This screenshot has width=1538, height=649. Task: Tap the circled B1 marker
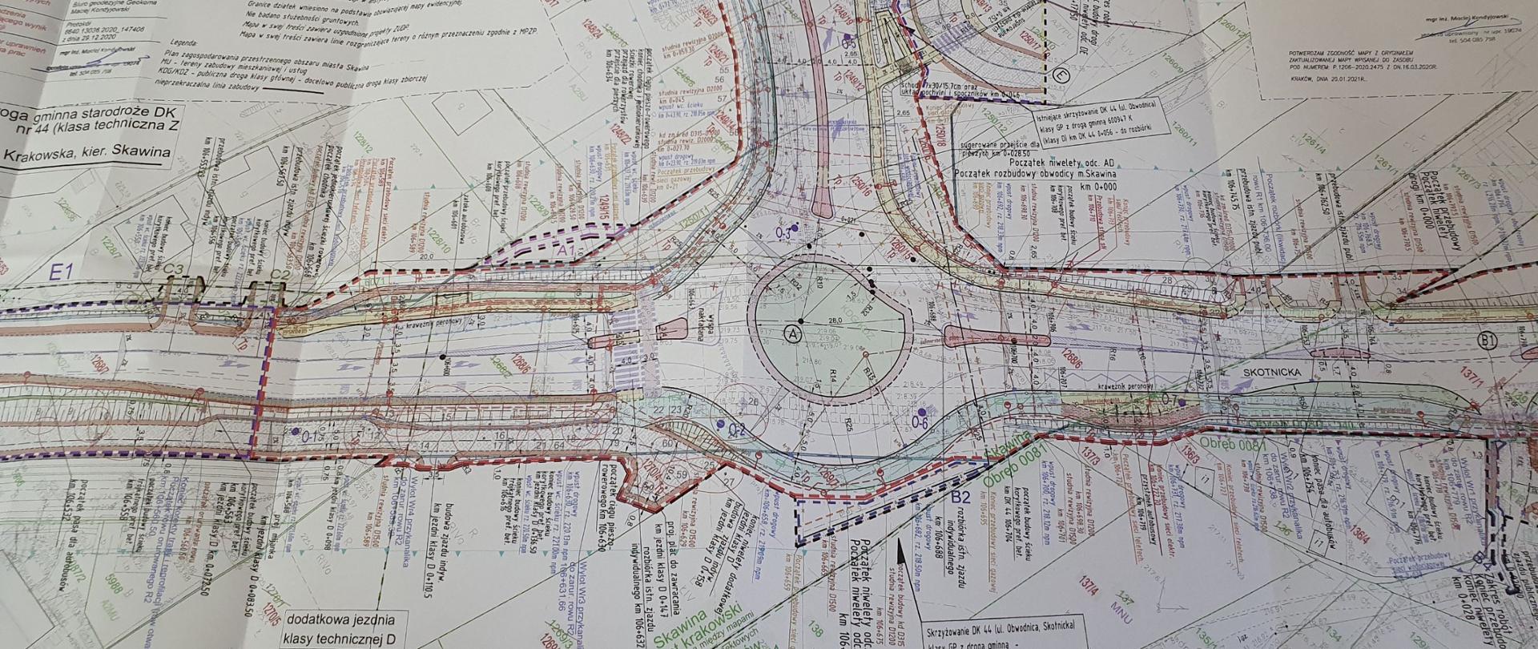(1488, 341)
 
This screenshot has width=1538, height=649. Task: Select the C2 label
(280, 276)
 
